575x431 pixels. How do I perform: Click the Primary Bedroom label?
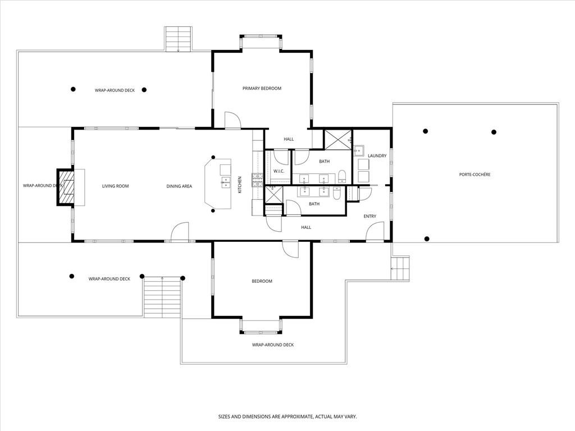[x=262, y=89]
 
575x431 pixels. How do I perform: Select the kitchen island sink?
[x=226, y=182]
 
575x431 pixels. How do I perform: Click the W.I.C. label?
[x=279, y=171]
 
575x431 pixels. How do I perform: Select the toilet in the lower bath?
[x=336, y=194]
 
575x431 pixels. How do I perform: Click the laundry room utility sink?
[x=358, y=150]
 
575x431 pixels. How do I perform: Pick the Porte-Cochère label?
[x=474, y=175]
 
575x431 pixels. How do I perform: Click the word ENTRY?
[x=369, y=216]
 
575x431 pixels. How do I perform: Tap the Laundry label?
[x=377, y=156]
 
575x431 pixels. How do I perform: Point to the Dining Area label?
[x=179, y=186]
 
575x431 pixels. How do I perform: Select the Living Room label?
[x=116, y=186]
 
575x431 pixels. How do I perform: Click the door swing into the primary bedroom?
[x=232, y=120]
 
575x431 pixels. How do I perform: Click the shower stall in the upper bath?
[x=338, y=139]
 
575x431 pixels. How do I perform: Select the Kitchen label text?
[x=240, y=185]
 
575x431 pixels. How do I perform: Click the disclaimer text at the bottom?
[x=287, y=417]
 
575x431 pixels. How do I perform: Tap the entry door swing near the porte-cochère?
[x=375, y=231]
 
